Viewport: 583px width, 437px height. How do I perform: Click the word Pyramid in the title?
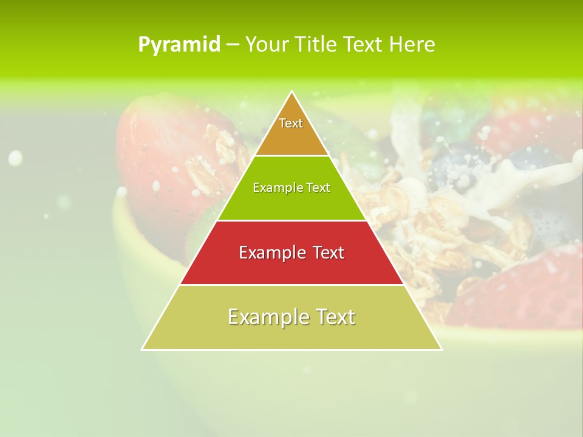(x=179, y=45)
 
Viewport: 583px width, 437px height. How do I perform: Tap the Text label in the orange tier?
(x=291, y=123)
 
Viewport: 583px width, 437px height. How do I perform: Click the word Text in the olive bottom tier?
(x=335, y=317)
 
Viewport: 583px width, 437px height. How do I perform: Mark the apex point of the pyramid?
(x=292, y=92)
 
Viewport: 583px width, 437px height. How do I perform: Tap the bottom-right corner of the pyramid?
(x=442, y=349)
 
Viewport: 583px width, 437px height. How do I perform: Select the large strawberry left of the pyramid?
(x=164, y=146)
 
